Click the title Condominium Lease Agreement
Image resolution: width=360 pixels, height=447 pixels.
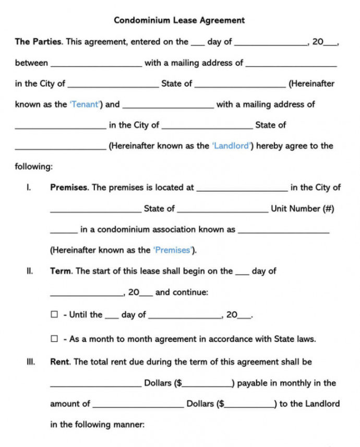[179, 20]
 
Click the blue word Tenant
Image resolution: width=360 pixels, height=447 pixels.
[84, 104]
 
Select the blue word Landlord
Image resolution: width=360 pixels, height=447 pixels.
[231, 146]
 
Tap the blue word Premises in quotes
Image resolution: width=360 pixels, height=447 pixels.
[172, 250]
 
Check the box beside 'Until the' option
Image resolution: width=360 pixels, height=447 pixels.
[54, 315]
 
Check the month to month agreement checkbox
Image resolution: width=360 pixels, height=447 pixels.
[54, 339]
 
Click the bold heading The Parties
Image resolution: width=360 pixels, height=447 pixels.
[39, 42]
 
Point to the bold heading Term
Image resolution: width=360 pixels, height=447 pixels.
[61, 271]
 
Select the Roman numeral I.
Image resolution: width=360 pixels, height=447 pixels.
[29, 187]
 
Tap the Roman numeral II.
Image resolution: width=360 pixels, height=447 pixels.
[30, 271]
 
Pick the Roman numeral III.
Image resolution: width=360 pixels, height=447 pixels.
[30, 361]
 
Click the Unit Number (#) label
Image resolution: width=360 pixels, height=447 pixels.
[302, 208]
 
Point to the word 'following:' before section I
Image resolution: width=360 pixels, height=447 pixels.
[34, 167]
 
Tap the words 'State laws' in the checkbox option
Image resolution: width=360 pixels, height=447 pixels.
[295, 339]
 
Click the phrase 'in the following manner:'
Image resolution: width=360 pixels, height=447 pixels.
[97, 425]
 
